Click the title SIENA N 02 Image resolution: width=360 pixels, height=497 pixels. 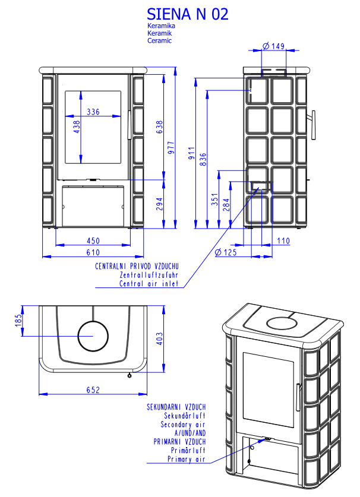pyautogui.click(x=187, y=14)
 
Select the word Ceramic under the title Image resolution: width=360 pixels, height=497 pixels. pyautogui.click(x=159, y=41)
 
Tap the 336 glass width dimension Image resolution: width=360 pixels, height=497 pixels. pyautogui.click(x=93, y=112)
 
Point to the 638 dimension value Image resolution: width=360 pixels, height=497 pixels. pyautogui.click(x=159, y=127)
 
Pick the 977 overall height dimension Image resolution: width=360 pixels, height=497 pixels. pyautogui.click(x=172, y=148)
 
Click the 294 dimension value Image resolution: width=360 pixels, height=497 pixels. pyautogui.click(x=159, y=204)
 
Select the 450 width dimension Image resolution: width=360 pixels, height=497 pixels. pyautogui.click(x=93, y=241)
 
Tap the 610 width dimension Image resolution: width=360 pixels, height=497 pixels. pyautogui.click(x=93, y=252)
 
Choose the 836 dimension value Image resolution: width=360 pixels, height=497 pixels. pyautogui.click(x=203, y=159)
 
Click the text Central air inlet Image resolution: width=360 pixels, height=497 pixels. pyautogui.click(x=149, y=284)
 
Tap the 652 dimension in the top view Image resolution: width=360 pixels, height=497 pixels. pyautogui.click(x=93, y=390)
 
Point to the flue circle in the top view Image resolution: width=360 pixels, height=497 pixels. pyautogui.click(x=93, y=336)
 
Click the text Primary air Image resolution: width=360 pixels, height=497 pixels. pyautogui.click(x=187, y=459)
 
